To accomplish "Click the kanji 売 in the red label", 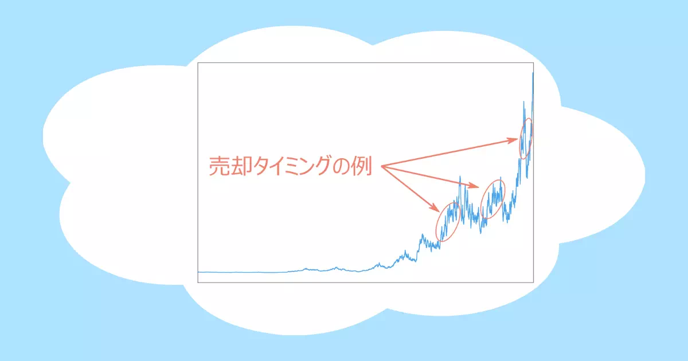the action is [x=219, y=166].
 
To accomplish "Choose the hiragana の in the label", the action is [x=342, y=166].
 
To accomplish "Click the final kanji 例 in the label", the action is [x=362, y=166].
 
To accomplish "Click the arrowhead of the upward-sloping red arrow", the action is [x=514, y=140].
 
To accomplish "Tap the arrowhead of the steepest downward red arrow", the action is [x=436, y=208].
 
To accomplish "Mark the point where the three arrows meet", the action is [x=382, y=166].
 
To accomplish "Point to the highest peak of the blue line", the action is [x=533, y=73].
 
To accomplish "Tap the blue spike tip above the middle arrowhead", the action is [x=460, y=176].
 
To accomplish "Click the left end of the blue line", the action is [x=198, y=272].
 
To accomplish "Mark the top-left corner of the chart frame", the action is [x=198, y=63].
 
